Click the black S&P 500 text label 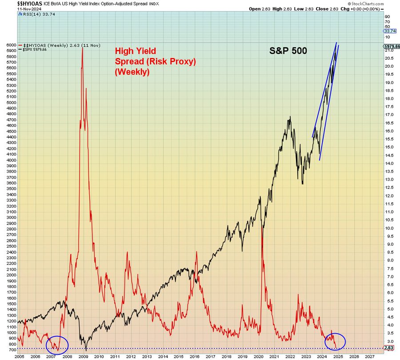tap(288, 51)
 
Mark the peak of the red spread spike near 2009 tap(82, 47)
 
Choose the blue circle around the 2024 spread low tap(335, 341)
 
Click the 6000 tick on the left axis tap(10, 45)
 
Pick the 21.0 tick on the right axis tap(390, 50)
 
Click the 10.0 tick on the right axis tap(390, 228)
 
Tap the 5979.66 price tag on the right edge tap(391, 46)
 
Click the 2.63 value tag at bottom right tap(389, 348)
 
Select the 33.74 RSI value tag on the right tap(389, 31)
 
